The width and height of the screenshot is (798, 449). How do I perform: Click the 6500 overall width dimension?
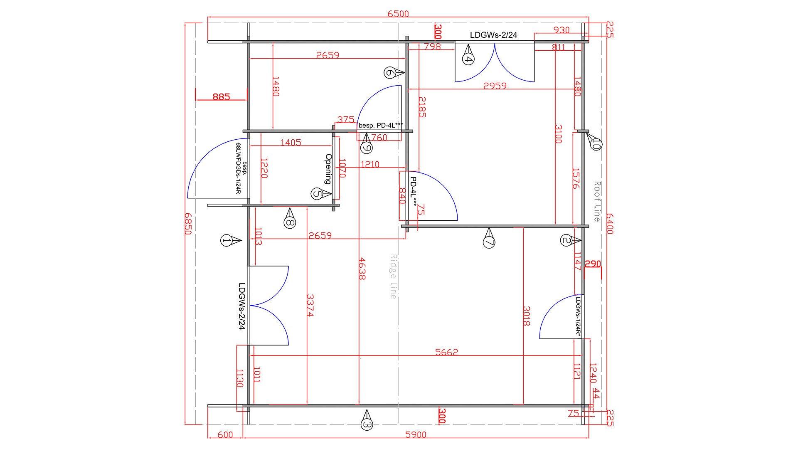pyautogui.click(x=398, y=14)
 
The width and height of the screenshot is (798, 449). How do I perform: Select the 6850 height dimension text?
pyautogui.click(x=188, y=224)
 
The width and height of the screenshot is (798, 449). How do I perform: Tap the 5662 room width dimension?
pyautogui.click(x=446, y=352)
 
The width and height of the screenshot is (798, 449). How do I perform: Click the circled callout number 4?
pyautogui.click(x=468, y=59)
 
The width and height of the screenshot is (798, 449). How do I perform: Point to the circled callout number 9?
pyautogui.click(x=366, y=147)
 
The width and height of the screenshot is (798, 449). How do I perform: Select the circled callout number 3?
pyautogui.click(x=367, y=424)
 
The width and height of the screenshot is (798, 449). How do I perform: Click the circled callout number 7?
pyautogui.click(x=489, y=242)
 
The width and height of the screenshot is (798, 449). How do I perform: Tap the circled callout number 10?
pyautogui.click(x=596, y=144)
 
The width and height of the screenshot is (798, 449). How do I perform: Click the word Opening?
pyautogui.click(x=328, y=169)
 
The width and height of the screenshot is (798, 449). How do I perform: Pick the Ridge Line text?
pyautogui.click(x=393, y=276)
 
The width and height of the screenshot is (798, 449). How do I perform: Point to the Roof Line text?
pyautogui.click(x=597, y=201)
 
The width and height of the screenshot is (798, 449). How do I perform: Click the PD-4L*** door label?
pyautogui.click(x=414, y=192)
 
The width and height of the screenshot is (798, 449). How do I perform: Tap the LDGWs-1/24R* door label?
pyautogui.click(x=578, y=315)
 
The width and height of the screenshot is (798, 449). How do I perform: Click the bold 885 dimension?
pyautogui.click(x=221, y=97)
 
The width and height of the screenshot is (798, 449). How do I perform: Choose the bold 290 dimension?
pyautogui.click(x=593, y=264)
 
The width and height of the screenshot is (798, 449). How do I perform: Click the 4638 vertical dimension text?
pyautogui.click(x=362, y=269)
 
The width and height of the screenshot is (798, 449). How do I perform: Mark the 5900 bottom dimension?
pyautogui.click(x=416, y=435)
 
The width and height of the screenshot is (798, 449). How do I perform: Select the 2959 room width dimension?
pyautogui.click(x=495, y=86)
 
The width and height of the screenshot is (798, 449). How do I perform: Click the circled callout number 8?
pyautogui.click(x=290, y=223)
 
